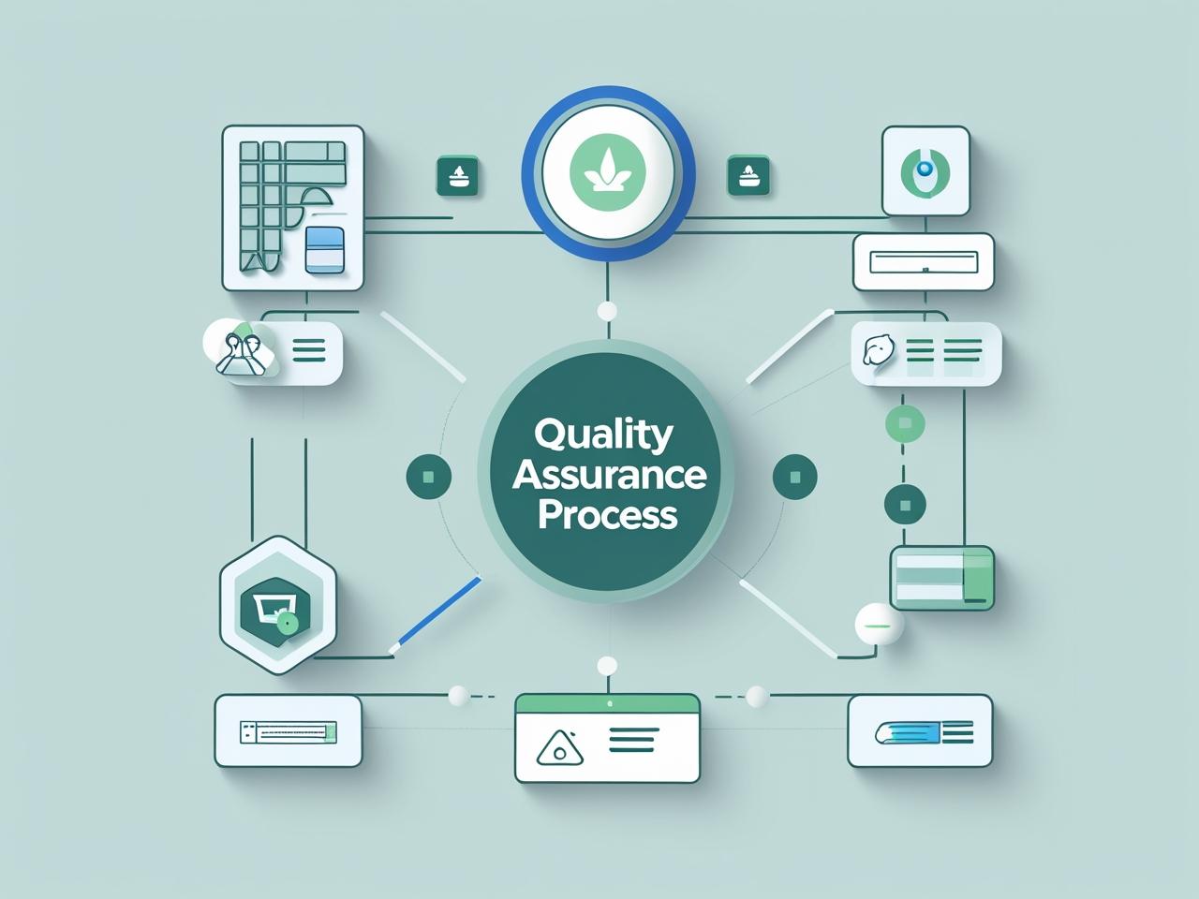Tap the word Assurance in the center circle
(609, 476)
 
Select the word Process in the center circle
(607, 515)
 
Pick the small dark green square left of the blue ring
(458, 176)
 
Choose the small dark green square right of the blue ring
(748, 176)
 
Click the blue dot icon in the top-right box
(925, 169)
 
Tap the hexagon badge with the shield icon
(277, 604)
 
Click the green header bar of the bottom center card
(607, 703)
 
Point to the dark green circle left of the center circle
(429, 477)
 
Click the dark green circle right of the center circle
(794, 477)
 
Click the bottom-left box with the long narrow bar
(289, 730)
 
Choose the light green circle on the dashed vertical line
(905, 423)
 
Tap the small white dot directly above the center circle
(607, 312)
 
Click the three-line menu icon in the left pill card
(308, 352)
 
